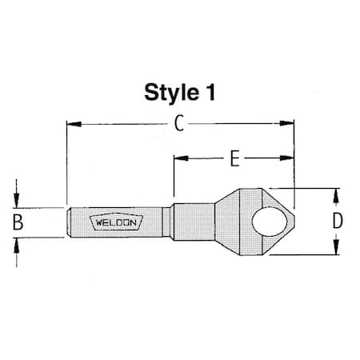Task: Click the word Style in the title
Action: [x=166, y=91]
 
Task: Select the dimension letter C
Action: [x=180, y=124]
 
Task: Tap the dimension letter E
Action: [x=234, y=158]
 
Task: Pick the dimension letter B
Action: [x=18, y=223]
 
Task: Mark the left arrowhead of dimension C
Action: [x=72, y=124]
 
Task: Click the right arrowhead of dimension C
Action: [x=289, y=124]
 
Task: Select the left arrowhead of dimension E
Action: [x=179, y=158]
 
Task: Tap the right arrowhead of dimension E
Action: [x=289, y=158]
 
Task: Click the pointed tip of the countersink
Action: [x=295, y=222]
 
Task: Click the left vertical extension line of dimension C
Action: [x=66, y=160]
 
